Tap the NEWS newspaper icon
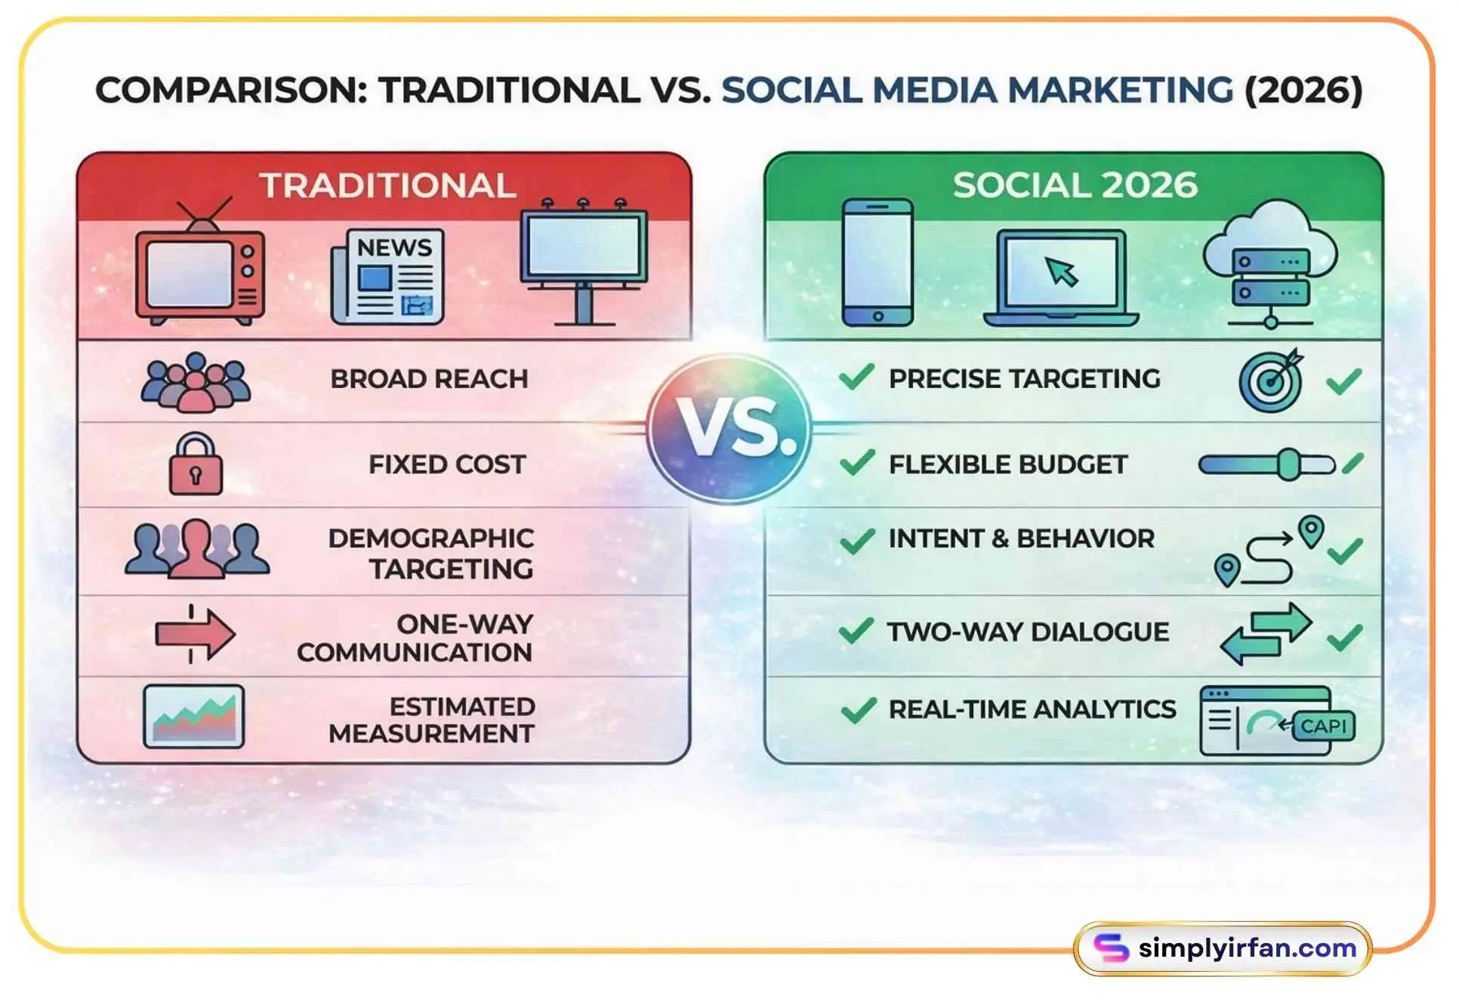click(x=387, y=277)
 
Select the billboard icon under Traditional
click(x=583, y=261)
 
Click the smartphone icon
click(x=877, y=262)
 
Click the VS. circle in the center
click(x=729, y=428)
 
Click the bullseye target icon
click(x=1272, y=381)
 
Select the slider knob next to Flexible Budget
click(x=1288, y=464)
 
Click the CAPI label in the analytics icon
click(x=1323, y=726)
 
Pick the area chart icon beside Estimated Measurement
click(x=193, y=717)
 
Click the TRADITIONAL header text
click(x=387, y=186)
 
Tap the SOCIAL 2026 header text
click(x=1075, y=186)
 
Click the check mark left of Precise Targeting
click(x=856, y=377)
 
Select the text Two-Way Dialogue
click(x=1028, y=632)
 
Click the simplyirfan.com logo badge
click(x=1223, y=948)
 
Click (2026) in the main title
click(x=1303, y=90)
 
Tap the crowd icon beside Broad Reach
click(x=196, y=382)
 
